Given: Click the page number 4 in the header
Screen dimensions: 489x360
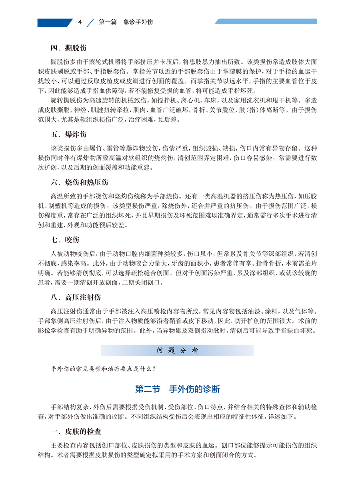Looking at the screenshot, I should (x=80, y=22).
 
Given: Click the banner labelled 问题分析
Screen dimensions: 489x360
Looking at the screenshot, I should (x=177, y=351).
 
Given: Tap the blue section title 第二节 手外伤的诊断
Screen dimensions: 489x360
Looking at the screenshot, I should (x=177, y=389).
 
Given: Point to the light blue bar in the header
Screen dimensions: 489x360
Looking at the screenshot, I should (x=266, y=21).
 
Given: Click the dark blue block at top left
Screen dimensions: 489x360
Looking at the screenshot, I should (x=54, y=22).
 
